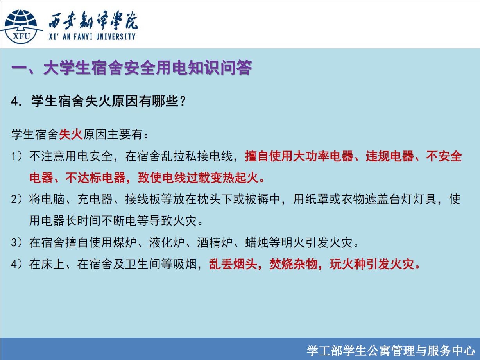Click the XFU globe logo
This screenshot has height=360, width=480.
(21, 27)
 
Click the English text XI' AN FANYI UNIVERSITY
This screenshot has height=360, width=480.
(92, 37)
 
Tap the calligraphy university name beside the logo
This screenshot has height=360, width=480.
(93, 20)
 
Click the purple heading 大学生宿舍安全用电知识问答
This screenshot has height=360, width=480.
(148, 68)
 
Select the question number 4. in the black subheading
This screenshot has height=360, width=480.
(17, 101)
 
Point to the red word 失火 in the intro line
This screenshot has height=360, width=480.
(71, 134)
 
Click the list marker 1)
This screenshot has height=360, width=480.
(17, 156)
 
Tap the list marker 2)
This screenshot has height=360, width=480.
(17, 199)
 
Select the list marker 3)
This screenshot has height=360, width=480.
(17, 242)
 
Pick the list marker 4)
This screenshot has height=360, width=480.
(17, 264)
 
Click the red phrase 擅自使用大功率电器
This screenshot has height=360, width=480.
(299, 156)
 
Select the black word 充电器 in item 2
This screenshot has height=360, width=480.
(95, 199)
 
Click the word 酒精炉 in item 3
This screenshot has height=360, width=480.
(215, 242)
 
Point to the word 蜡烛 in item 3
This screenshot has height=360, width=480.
(257, 242)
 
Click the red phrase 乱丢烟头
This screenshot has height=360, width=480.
(233, 264)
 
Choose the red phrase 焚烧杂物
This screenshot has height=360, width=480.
(293, 264)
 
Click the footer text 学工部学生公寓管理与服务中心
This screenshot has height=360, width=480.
(390, 351)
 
